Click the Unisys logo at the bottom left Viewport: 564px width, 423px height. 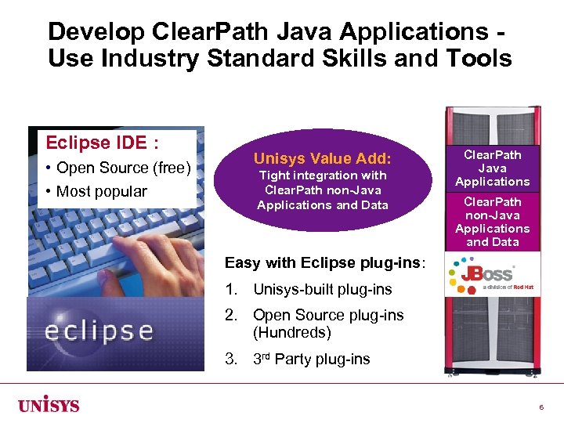pyautogui.click(x=49, y=405)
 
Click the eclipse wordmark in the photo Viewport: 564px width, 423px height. pyautogui.click(x=99, y=330)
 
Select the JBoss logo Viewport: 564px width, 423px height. pyautogui.click(x=479, y=277)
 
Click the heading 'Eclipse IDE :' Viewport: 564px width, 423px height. pyautogui.click(x=103, y=143)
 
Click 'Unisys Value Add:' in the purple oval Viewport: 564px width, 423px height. pyautogui.click(x=323, y=159)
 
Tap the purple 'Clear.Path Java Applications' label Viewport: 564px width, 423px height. pyautogui.click(x=493, y=168)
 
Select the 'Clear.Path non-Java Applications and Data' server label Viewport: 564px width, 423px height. pyautogui.click(x=493, y=222)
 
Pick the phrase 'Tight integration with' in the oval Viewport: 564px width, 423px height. pyautogui.click(x=323, y=175)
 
